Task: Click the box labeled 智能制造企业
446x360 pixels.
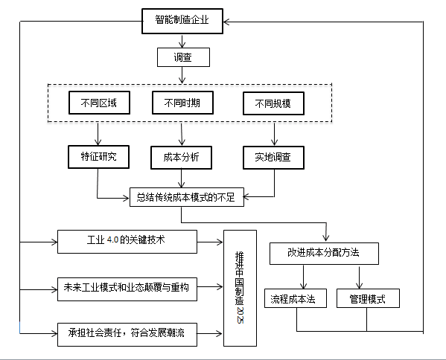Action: [182, 21]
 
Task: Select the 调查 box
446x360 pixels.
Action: [183, 57]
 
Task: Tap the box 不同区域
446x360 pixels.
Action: [99, 103]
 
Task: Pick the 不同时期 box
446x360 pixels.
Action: [182, 103]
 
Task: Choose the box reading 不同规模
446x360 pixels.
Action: [273, 103]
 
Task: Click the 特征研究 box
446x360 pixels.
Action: [99, 157]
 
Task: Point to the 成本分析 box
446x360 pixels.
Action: [181, 158]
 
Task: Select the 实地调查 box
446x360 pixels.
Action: [273, 158]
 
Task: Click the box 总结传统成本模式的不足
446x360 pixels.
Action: [187, 197]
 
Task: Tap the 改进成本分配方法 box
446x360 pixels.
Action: [324, 254]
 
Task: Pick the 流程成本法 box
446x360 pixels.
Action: [296, 298]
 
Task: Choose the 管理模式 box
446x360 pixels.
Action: [368, 298]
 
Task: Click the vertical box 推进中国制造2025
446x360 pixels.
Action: [240, 288]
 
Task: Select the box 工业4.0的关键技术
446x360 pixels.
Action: [127, 242]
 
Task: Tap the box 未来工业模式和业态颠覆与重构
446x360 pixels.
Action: [127, 289]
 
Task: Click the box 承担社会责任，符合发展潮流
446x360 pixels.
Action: [127, 335]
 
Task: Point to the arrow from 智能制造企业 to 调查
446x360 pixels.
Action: [182, 41]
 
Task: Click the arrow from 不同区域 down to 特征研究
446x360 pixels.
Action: [98, 134]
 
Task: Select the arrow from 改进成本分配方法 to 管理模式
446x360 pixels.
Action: [359, 277]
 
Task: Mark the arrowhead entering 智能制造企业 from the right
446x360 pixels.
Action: [226, 22]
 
